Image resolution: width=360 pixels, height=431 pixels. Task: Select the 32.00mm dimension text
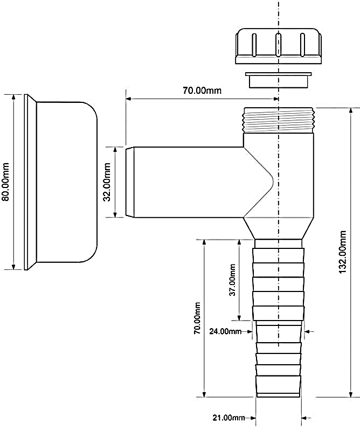click(107, 182)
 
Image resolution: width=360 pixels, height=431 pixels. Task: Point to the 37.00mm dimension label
click(232, 280)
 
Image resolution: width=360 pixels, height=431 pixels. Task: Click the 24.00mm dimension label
click(226, 331)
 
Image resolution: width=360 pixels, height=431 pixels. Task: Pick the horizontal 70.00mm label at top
click(202, 91)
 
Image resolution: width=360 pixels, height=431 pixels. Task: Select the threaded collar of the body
click(278, 120)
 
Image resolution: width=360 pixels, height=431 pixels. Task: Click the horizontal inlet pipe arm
click(183, 182)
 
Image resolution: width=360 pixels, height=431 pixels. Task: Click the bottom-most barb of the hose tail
click(278, 386)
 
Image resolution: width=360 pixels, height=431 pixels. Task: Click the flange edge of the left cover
click(27, 182)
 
